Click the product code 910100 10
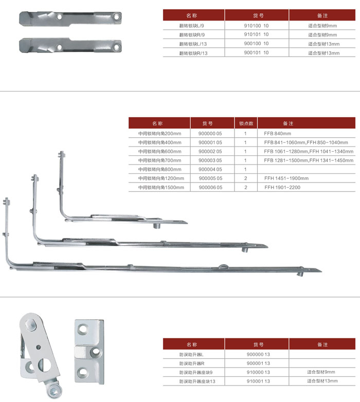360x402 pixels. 256,25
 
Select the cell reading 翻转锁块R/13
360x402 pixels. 194,52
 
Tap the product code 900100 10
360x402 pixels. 256,43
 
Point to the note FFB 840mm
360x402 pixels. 278,133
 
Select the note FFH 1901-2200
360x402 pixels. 282,187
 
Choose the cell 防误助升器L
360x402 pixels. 192,354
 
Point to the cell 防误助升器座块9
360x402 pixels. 196,372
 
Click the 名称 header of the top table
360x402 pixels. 191,15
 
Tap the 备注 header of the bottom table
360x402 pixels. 322,344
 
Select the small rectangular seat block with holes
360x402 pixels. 89,350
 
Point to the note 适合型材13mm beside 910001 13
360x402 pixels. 322,381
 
